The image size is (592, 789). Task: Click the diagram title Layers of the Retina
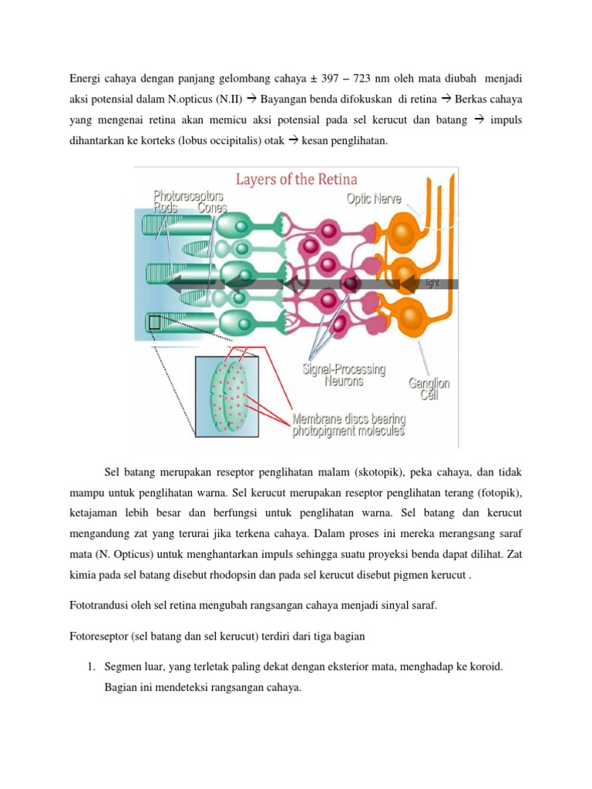pos(297,180)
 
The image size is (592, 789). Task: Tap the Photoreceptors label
pos(188,196)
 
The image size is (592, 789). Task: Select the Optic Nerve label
pos(374,199)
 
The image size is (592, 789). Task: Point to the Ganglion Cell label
pos(429,389)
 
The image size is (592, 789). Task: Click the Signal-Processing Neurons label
pos(344,375)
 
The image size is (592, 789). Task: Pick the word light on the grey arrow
pos(432,284)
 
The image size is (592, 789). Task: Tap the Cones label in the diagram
pos(213,207)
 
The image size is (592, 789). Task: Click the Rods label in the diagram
pos(165,207)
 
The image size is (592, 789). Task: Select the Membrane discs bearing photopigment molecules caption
pos(349,425)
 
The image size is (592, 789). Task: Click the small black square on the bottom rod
pos(154,323)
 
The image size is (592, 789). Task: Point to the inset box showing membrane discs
pos(227,397)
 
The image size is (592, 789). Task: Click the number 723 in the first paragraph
pos(362,79)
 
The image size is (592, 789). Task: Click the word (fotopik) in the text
pos(499,492)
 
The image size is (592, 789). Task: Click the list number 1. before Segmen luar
pos(92,666)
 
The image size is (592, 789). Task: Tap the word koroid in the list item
pos(486,666)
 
